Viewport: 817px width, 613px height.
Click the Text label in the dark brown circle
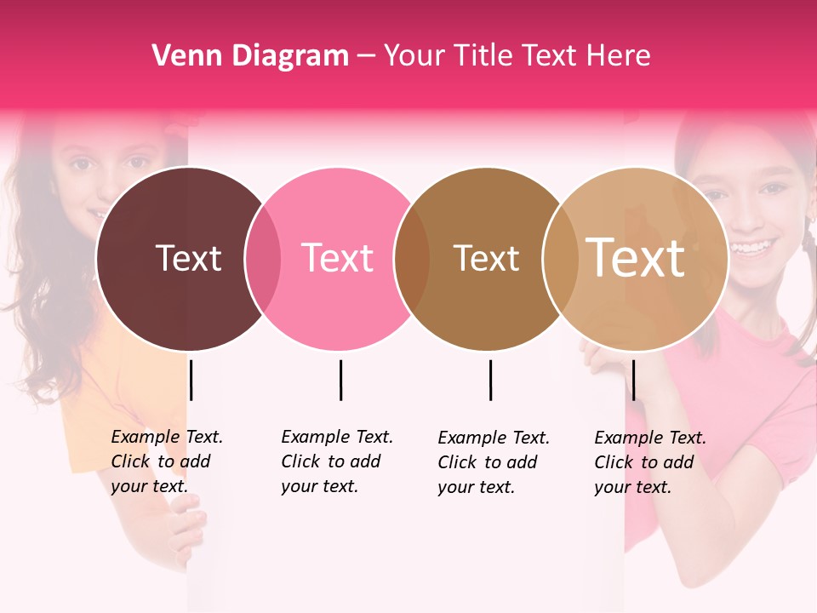[188, 258]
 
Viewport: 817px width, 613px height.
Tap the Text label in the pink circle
[337, 258]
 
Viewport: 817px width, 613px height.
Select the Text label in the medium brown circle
[486, 258]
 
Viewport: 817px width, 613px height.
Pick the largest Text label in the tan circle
[636, 257]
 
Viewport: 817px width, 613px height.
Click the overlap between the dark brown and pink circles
[263, 259]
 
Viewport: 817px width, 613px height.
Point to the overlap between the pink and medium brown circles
[412, 259]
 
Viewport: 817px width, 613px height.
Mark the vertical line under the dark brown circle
[191, 380]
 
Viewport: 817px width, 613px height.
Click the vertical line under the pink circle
[340, 380]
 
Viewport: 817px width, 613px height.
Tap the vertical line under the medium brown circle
[490, 380]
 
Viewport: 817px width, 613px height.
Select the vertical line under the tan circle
[633, 380]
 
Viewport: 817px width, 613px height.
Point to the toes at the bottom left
[188, 532]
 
